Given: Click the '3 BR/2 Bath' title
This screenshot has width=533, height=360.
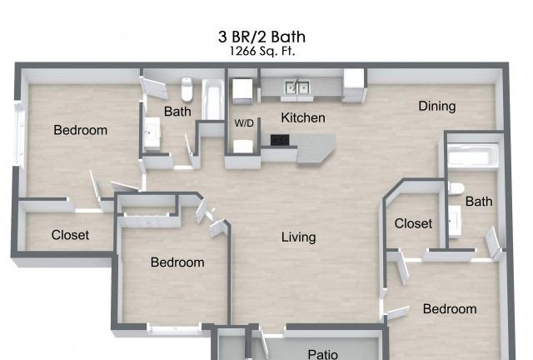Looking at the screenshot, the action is tap(262, 37).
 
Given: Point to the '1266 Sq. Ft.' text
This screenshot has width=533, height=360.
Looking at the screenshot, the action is tap(262, 52).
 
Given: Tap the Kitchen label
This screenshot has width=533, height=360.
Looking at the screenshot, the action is tap(303, 117).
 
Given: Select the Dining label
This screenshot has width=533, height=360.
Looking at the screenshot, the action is tap(436, 106).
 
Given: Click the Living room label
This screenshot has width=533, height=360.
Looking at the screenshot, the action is tap(298, 237).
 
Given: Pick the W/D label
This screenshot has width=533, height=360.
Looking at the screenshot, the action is tap(244, 122).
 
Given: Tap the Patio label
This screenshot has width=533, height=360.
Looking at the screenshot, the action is tap(322, 354).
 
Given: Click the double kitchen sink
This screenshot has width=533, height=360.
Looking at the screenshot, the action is tap(297, 87).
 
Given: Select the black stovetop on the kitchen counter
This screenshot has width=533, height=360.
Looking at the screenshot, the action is tap(280, 139).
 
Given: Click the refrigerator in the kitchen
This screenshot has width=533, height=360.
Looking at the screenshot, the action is tap(354, 85).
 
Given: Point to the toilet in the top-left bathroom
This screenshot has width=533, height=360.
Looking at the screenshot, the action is tap(187, 89).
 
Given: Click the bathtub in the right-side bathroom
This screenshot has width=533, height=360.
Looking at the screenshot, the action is tap(472, 156).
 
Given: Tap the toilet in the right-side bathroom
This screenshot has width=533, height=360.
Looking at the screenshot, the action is tap(456, 188).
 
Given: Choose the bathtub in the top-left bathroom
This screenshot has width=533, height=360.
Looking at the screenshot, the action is tap(213, 100).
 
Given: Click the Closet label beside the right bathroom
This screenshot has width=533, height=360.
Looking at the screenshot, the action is tap(413, 223).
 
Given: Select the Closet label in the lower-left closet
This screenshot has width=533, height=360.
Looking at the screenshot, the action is tap(70, 235).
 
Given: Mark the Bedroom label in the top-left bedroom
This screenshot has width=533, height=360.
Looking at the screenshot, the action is tap(80, 130).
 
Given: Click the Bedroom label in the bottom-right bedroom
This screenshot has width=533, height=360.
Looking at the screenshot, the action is tap(450, 309).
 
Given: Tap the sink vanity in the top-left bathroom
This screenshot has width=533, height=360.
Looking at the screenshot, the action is tap(152, 133).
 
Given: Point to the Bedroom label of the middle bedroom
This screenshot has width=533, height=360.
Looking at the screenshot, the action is tap(177, 262).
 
